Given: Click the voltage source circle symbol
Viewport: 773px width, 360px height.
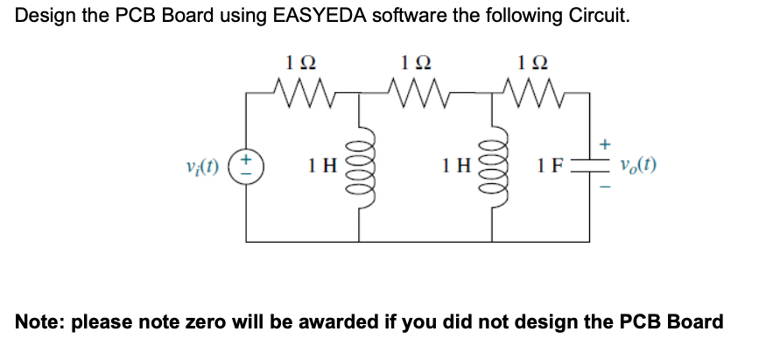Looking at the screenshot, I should pos(246,164).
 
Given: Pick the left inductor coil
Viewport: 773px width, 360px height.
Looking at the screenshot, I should pos(358,164).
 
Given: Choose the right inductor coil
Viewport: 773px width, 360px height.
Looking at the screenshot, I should pos(491,164).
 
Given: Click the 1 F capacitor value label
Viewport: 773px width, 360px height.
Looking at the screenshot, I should pos(552,164).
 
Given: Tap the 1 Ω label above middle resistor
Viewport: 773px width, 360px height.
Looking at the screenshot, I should pos(415,61).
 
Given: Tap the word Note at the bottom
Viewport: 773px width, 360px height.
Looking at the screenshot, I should pos(39,322).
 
